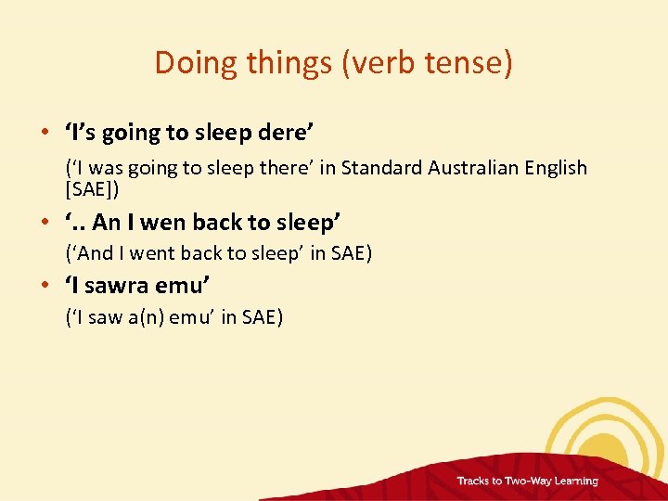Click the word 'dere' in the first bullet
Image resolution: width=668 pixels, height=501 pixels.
280,133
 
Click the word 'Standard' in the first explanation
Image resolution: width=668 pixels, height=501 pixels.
381,168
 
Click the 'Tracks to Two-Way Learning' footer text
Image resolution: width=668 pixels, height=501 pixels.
527,481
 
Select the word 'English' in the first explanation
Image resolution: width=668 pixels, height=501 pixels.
555,168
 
